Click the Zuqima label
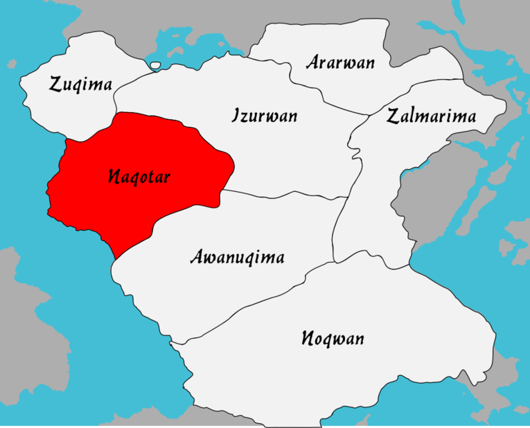point(81,85)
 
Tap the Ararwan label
point(340,62)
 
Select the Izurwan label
point(264,116)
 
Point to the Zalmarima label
point(431,117)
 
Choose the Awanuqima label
point(237,258)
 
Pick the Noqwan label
point(332,338)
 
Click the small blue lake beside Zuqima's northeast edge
point(156,66)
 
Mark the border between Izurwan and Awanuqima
point(286,194)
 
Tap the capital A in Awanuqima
point(196,258)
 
